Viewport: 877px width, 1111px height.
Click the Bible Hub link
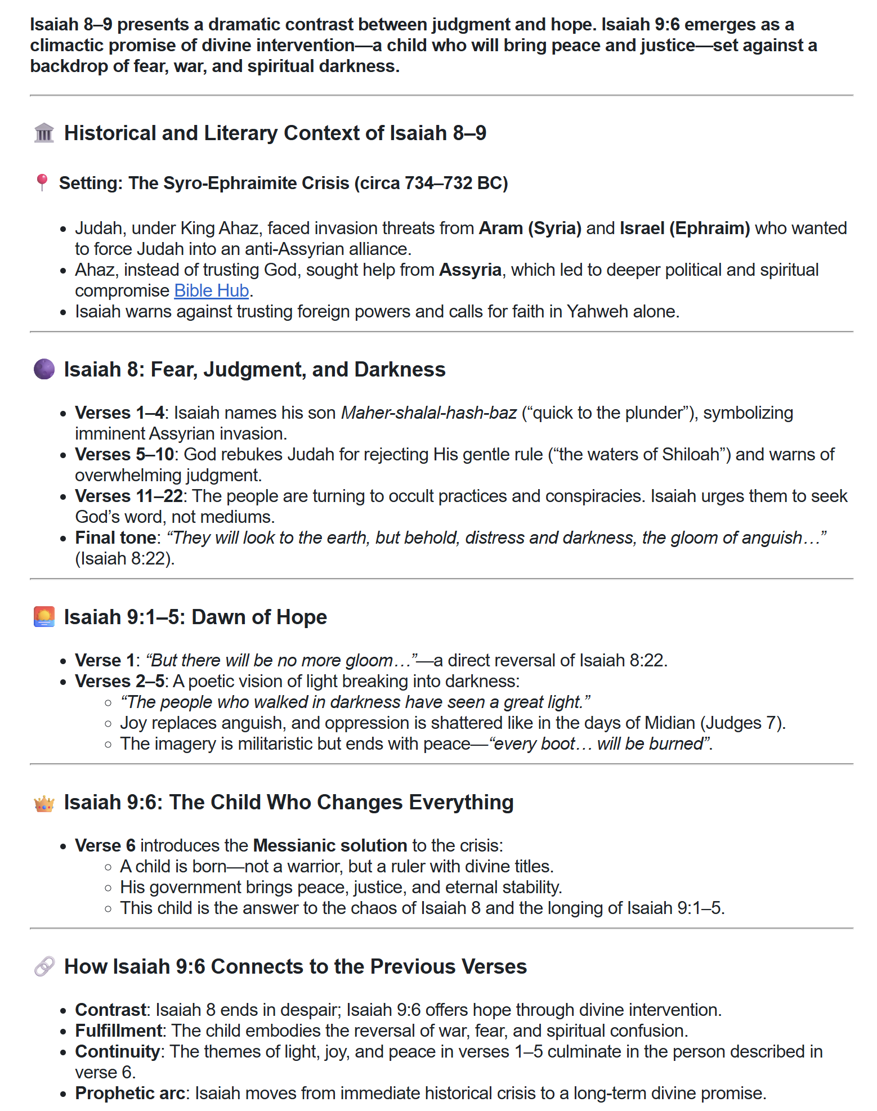(211, 290)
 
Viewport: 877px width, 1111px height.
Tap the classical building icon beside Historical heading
(44, 133)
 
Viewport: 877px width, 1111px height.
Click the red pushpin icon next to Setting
(42, 183)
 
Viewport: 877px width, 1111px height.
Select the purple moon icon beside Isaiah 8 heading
(44, 370)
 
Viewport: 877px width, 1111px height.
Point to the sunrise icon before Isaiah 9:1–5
(44, 617)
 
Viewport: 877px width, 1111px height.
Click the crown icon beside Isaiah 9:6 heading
(44, 803)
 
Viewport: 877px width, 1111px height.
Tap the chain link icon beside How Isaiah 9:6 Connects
(44, 967)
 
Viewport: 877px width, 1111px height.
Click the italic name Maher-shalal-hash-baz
(429, 413)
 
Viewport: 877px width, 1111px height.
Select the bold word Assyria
(470, 270)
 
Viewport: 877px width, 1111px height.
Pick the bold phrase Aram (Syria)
(530, 229)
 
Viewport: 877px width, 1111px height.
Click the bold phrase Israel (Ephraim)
(684, 229)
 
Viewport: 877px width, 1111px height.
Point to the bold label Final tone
(115, 538)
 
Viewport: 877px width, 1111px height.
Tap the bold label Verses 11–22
(129, 496)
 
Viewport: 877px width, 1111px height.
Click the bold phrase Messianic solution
(330, 846)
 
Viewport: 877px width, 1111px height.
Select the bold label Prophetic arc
(130, 1094)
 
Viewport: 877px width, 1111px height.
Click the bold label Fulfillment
(119, 1031)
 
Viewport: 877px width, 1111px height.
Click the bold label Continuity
(118, 1052)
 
